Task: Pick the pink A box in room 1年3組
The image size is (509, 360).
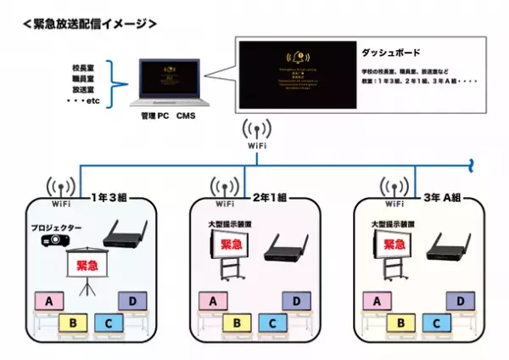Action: pos(50,301)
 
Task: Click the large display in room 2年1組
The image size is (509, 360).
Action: pos(231,248)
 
